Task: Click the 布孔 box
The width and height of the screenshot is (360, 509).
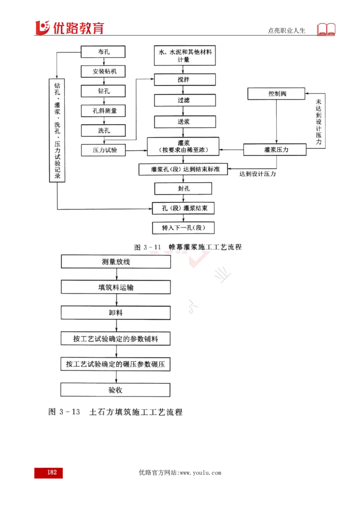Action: pos(103,52)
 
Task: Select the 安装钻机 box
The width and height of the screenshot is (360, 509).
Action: pos(103,71)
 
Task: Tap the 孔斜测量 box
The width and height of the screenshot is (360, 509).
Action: pos(103,111)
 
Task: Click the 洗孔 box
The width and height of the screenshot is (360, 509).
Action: pos(103,130)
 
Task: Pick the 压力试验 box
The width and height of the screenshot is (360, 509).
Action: pos(103,150)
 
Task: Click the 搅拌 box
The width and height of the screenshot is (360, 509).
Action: pos(184,80)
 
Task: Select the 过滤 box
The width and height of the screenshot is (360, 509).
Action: pos(184,100)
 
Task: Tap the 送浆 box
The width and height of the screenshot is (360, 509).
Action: pos(184,121)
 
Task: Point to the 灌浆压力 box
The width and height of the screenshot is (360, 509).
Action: pos(274,149)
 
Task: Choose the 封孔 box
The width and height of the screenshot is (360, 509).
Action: pos(184,188)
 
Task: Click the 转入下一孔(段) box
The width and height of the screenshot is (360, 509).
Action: pos(184,228)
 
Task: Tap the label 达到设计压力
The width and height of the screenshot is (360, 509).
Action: pos(258,173)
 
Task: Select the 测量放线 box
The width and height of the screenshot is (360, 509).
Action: pos(116,262)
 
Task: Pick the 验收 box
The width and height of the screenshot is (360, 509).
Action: pos(116,390)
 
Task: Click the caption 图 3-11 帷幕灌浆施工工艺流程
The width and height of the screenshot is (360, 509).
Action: pos(188,247)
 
